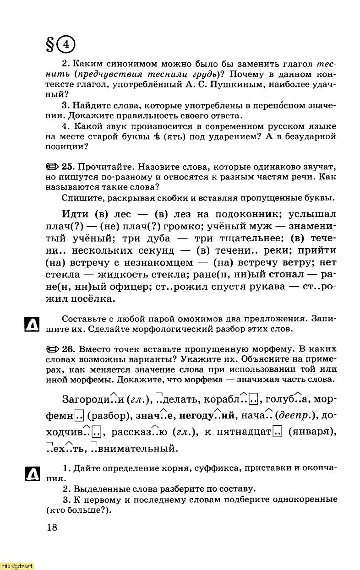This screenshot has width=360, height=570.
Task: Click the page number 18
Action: tap(52, 527)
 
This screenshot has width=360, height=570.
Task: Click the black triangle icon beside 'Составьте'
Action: tap(31, 324)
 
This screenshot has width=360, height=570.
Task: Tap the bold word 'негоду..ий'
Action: tap(207, 416)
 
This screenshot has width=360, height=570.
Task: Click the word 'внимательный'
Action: tap(138, 448)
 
